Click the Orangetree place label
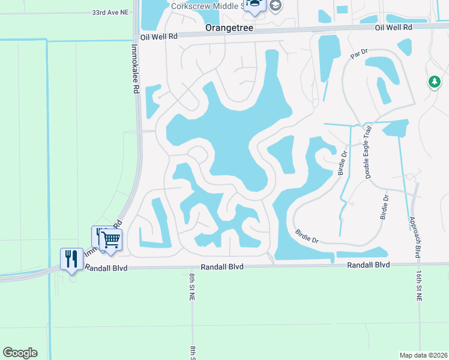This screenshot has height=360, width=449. (x=229, y=28)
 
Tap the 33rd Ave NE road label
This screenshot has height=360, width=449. (x=111, y=12)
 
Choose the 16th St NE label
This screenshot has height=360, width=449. (x=418, y=284)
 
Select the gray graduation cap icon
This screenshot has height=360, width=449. (x=276, y=6)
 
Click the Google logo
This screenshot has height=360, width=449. (x=20, y=353)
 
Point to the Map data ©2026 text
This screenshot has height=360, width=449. (x=423, y=355)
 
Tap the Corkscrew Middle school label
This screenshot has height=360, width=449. (x=207, y=6)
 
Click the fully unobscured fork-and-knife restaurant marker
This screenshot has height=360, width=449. (x=72, y=259)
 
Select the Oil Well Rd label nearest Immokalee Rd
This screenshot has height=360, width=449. (x=160, y=36)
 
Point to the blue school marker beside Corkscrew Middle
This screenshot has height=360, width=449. (x=255, y=5)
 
